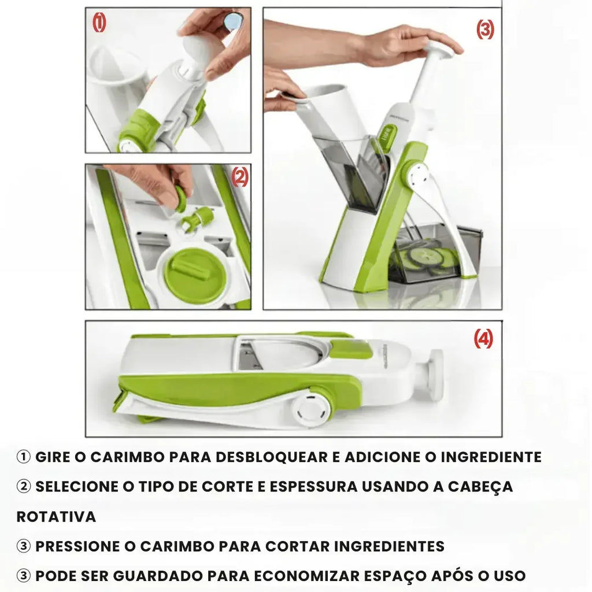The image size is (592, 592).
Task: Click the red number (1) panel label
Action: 99,23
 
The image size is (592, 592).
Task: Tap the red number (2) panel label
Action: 239,177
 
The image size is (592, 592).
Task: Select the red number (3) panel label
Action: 485,29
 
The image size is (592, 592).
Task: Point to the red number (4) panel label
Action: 483,339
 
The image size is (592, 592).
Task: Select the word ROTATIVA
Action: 56,516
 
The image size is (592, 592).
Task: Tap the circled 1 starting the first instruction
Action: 24,457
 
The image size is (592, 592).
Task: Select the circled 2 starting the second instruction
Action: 24,487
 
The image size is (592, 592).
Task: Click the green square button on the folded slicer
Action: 351,349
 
